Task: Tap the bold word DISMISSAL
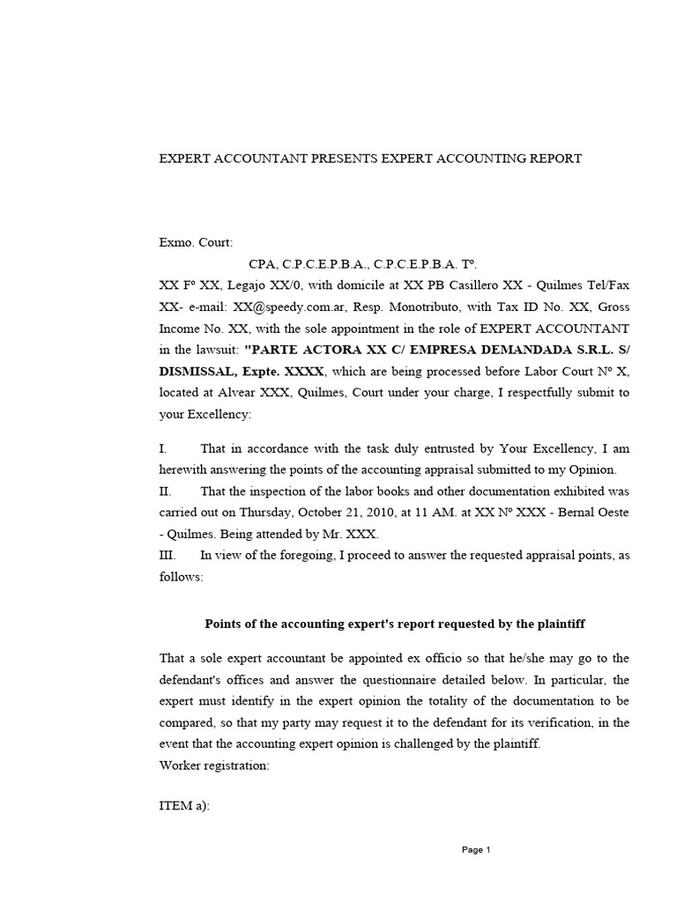point(197,371)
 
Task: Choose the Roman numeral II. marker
point(167,491)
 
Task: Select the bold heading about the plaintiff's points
point(395,624)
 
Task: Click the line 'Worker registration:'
point(214,765)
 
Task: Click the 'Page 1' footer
point(476,850)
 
